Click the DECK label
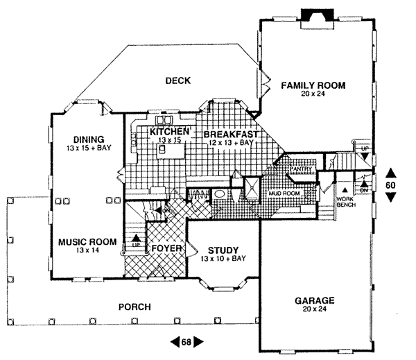[177, 81]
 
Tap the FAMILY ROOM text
[313, 85]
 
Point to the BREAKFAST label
[231, 133]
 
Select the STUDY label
[223, 250]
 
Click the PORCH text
[135, 307]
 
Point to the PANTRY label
[300, 168]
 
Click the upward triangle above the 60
[390, 172]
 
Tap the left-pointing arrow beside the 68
[173, 341]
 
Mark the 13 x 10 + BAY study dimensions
[223, 259]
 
